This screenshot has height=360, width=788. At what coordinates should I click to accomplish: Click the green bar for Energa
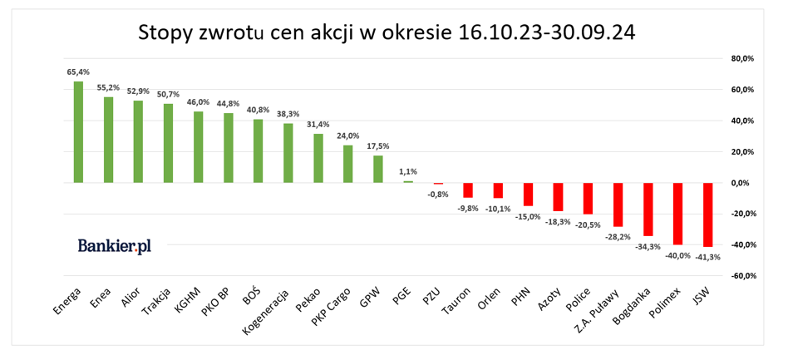78,131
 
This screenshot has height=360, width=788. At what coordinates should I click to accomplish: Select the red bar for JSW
707,215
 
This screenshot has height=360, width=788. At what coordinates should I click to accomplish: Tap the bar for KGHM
198,146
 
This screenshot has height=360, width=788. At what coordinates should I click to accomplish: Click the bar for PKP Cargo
347,164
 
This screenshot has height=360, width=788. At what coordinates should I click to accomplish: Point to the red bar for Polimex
677,214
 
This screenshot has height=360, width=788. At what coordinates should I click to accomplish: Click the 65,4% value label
78,72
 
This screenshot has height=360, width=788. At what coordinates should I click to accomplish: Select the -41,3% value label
708,258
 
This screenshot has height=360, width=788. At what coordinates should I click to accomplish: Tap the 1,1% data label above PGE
407,171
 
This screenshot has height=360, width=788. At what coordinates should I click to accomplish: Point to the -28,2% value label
618,237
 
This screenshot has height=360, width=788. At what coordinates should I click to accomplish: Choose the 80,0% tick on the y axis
741,59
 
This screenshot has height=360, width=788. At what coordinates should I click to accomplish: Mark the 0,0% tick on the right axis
742,183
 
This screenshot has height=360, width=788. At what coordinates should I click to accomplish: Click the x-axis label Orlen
490,299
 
